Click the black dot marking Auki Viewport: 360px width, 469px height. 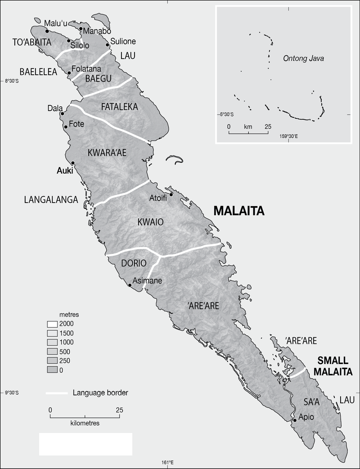(x=73, y=163)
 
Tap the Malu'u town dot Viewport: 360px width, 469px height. (x=47, y=31)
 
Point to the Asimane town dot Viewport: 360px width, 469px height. (x=130, y=285)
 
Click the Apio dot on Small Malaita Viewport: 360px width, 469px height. (x=295, y=420)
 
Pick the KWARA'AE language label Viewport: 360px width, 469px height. (x=108, y=153)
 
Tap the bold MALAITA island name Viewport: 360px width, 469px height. (x=238, y=211)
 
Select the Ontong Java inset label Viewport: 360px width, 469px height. (x=303, y=59)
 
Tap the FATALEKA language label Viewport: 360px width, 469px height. (x=119, y=107)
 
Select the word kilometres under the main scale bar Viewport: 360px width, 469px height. (x=85, y=424)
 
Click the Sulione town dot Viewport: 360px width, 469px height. (x=108, y=45)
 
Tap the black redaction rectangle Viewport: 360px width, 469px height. (x=85, y=444)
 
